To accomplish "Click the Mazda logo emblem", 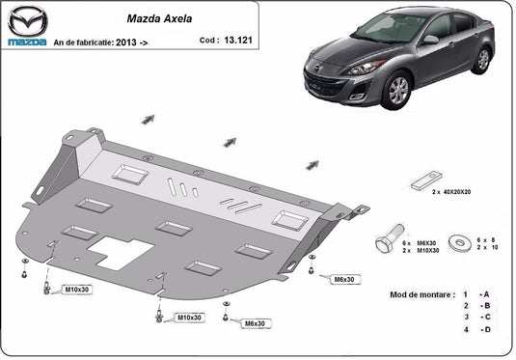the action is tap(28, 20).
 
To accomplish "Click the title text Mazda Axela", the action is tap(159, 18).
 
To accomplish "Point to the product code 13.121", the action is tap(238, 41).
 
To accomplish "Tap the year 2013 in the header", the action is tap(126, 42).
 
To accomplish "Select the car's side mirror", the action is tap(431, 40).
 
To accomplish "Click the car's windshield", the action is tap(390, 28).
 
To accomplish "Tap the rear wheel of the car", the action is tap(482, 60).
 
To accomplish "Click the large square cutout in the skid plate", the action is tap(121, 253).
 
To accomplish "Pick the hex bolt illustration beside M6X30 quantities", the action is tap(389, 238).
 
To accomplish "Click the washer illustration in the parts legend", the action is tap(460, 243).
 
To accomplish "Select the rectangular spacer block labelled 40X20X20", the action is tap(426, 180).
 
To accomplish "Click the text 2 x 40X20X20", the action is tap(451, 192).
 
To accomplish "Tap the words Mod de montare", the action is tap(422, 294).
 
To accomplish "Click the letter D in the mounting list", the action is tap(487, 329).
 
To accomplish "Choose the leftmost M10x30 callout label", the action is tap(76, 290).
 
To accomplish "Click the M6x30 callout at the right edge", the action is tap(344, 280).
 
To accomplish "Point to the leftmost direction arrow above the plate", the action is tap(149, 120).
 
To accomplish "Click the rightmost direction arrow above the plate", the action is tap(312, 165).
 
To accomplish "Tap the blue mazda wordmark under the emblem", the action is tap(27, 42).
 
